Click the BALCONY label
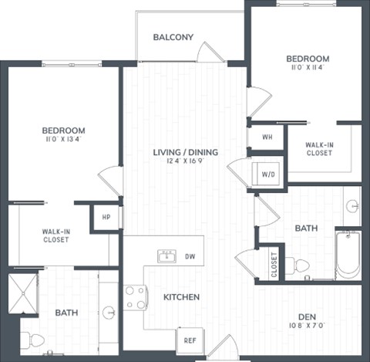pyautogui.click(x=173, y=37)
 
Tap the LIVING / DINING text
pyautogui.click(x=185, y=152)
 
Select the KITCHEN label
pyautogui.click(x=181, y=296)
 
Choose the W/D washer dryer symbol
pyautogui.click(x=267, y=173)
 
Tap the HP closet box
pyautogui.click(x=106, y=217)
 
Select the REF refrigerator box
pyautogui.click(x=189, y=339)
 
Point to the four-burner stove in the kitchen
pyautogui.click(x=136, y=296)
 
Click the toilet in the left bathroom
pyautogui.click(x=33, y=339)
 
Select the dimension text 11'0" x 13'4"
pyautogui.click(x=64, y=140)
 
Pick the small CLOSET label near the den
pyautogui.click(x=274, y=264)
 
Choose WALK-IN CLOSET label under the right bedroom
pyautogui.click(x=318, y=148)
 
